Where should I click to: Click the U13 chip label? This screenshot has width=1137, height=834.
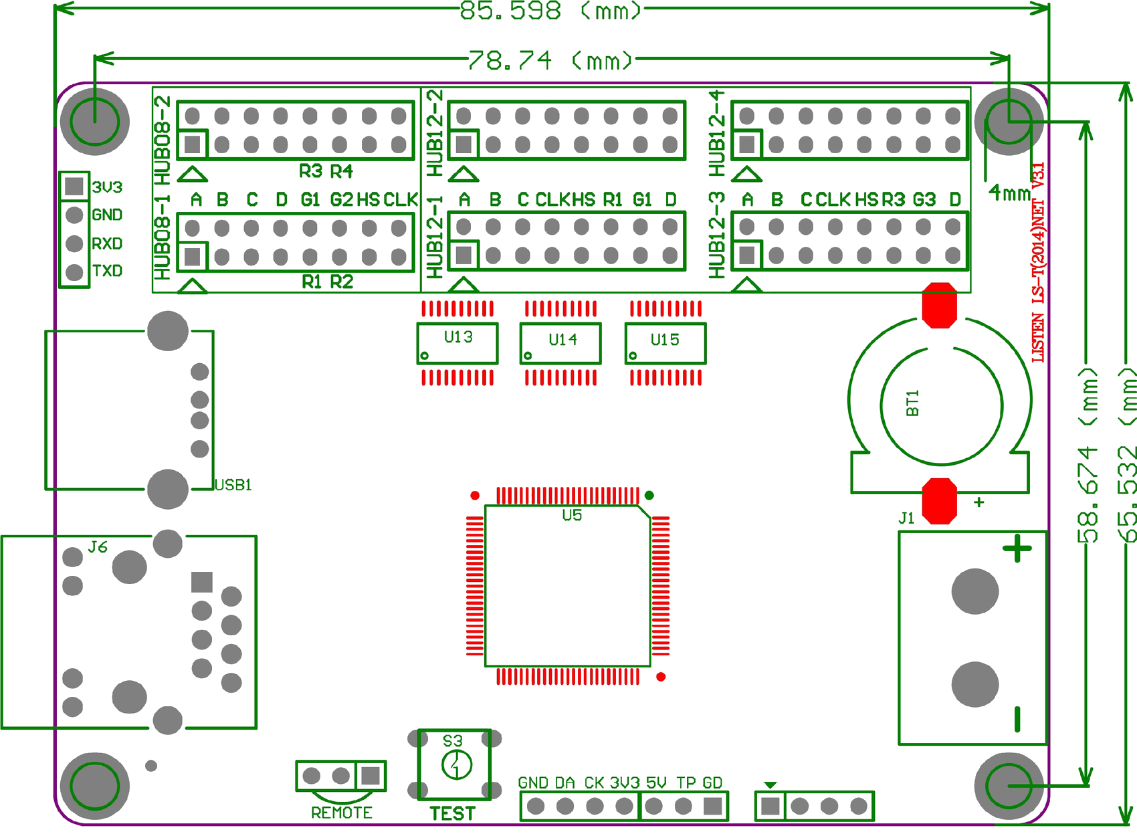point(458,337)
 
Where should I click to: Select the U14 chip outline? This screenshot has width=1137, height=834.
point(560,344)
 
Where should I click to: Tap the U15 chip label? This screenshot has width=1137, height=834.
point(665,340)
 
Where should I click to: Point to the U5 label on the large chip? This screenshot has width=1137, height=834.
point(572,515)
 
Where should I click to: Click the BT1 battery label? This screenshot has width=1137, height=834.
point(912,403)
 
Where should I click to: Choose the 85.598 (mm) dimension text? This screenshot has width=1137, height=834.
point(550,11)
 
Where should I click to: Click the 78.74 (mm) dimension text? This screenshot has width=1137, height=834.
point(550,60)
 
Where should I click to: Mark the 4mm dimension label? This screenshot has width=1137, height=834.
point(1010,193)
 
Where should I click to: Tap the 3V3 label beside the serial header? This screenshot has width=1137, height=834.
point(108,187)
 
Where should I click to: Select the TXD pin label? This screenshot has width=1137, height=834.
point(108,271)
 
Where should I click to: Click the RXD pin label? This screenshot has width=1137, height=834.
point(108,243)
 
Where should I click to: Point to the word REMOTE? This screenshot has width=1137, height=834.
point(342,813)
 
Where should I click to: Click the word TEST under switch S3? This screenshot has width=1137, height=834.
point(453,814)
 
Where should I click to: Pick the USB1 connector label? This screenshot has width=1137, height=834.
point(233,485)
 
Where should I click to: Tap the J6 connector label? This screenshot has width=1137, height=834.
point(98,547)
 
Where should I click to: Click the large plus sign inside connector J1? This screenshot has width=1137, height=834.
point(1017,549)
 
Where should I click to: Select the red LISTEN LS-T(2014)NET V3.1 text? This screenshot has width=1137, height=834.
point(1038,262)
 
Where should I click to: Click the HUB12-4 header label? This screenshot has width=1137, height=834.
point(716,133)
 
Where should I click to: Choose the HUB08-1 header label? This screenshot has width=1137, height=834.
point(163,237)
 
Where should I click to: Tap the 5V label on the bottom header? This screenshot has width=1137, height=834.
point(656,783)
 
